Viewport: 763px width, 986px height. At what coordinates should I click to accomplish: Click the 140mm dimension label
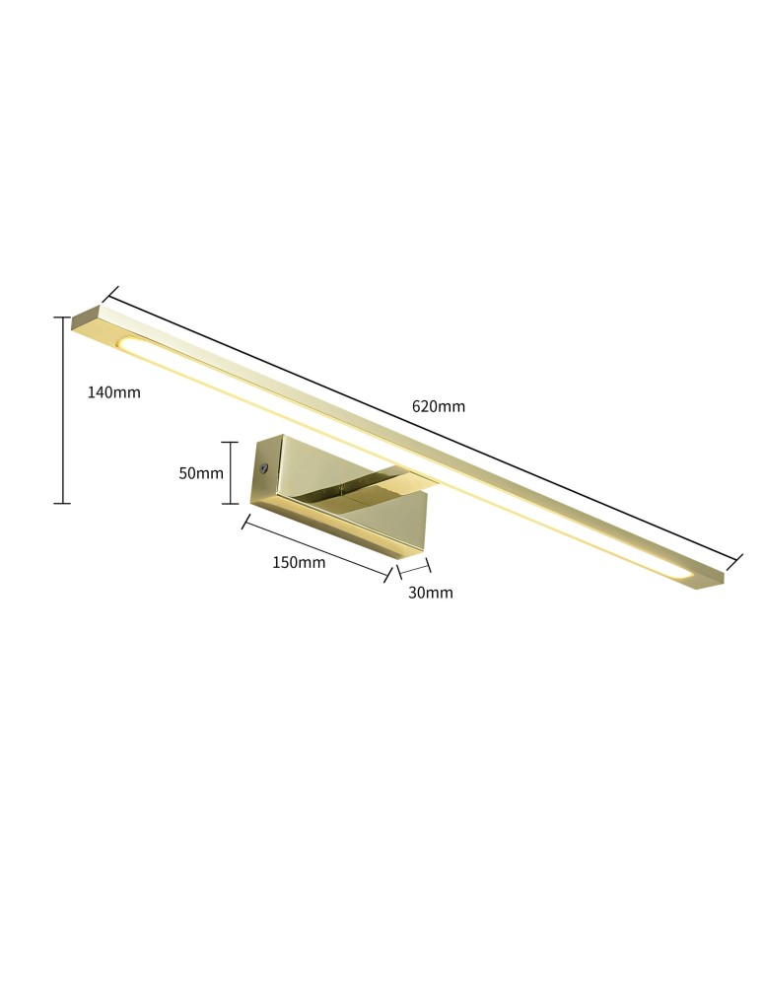point(114,392)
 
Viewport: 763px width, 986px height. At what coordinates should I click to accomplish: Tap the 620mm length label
point(439,406)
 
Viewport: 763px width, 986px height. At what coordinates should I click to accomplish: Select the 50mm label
point(201,473)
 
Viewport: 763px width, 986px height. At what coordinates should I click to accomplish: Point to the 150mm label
point(299,563)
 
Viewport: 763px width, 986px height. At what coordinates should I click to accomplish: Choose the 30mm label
point(431,593)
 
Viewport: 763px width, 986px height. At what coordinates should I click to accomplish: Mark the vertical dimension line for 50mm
point(231,472)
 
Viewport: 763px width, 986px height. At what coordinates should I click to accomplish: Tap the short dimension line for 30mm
point(414,568)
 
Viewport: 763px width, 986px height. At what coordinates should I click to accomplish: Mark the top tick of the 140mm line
point(62,317)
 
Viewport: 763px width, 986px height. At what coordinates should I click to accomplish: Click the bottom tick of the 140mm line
point(62,504)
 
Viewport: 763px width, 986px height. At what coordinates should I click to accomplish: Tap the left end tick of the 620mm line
point(109,295)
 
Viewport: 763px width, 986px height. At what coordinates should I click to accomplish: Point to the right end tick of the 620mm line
point(734,561)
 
